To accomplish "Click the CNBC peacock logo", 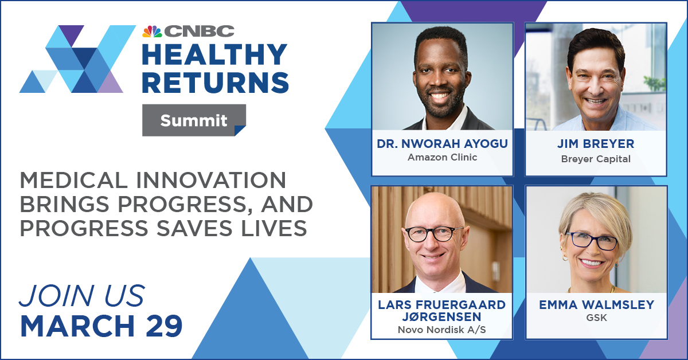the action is pyautogui.click(x=152, y=32).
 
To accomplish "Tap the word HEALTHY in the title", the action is pyautogui.click(x=214, y=54).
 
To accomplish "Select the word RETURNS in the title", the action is pyautogui.click(x=216, y=83).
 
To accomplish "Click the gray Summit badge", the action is pyautogui.click(x=194, y=120).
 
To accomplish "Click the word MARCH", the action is pyautogui.click(x=78, y=326).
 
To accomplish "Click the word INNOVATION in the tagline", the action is pyautogui.click(x=212, y=180).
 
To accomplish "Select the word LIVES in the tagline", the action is pyautogui.click(x=274, y=228).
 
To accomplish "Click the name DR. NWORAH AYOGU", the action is pyautogui.click(x=442, y=144).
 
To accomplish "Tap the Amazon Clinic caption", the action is pyautogui.click(x=442, y=157).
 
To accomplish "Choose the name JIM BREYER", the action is pyautogui.click(x=596, y=144).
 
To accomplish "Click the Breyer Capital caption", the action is pyautogui.click(x=596, y=159).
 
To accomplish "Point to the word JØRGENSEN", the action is pyautogui.click(x=442, y=316).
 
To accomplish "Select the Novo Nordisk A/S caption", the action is pyautogui.click(x=441, y=330).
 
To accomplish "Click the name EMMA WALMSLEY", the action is pyautogui.click(x=596, y=305).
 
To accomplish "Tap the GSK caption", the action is pyautogui.click(x=596, y=318).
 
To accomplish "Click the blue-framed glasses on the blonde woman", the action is pyautogui.click(x=591, y=241).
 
